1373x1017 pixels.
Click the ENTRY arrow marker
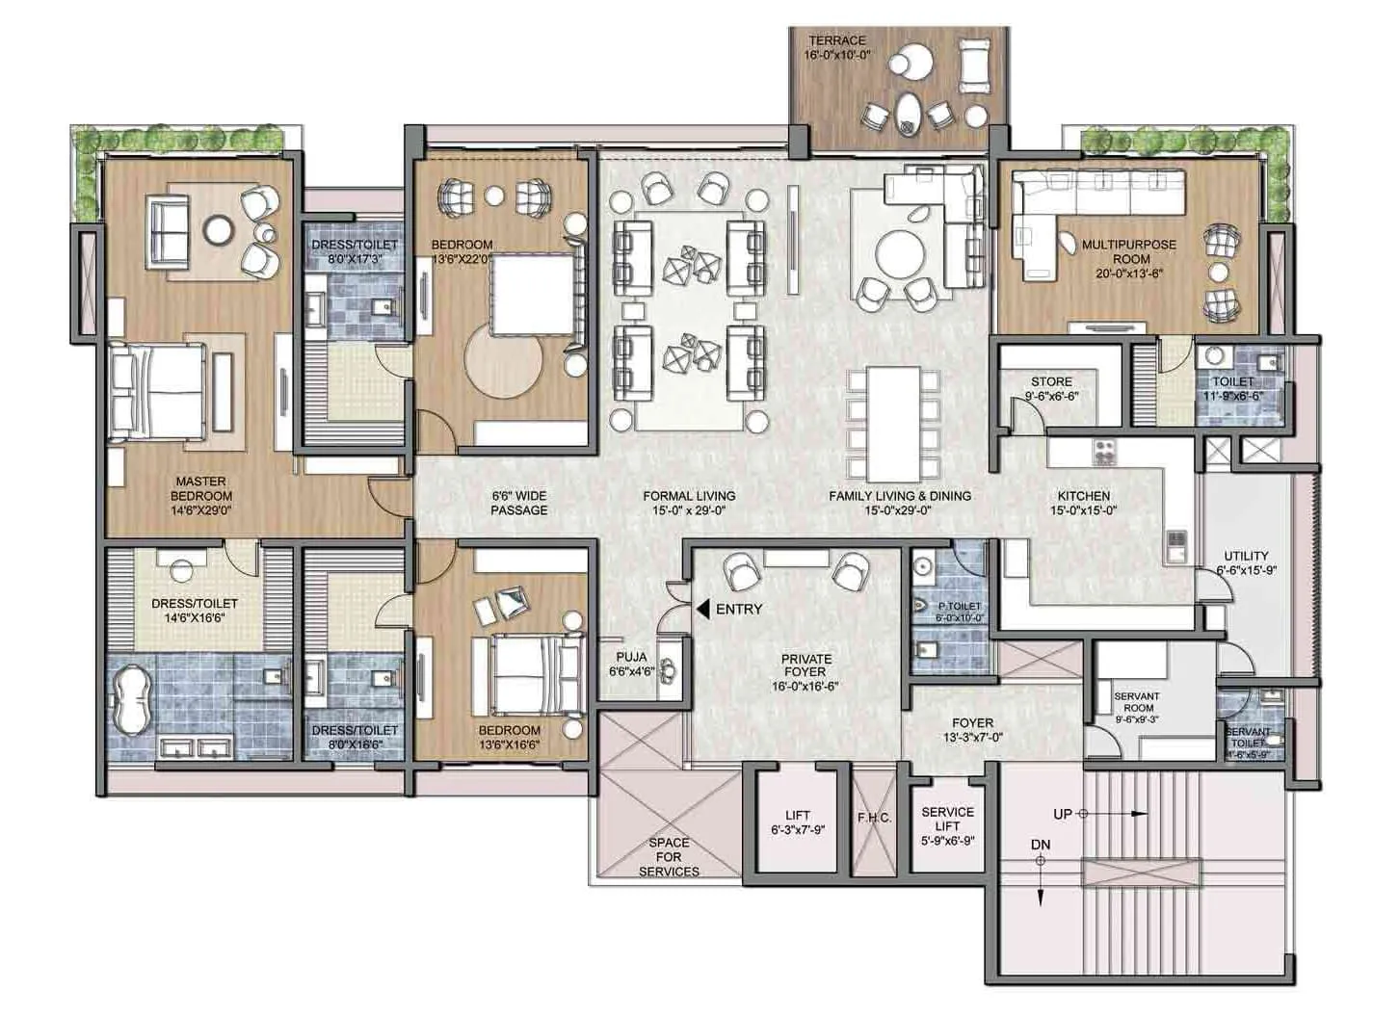[702, 609]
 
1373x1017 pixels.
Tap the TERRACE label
[836, 40]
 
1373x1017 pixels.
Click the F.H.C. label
[874, 818]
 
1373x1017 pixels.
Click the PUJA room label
[631, 657]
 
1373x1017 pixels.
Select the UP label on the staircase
[1062, 814]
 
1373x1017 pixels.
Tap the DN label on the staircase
[1040, 845]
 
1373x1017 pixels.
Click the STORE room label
[1051, 381]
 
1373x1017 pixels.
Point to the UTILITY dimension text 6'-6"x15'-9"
[1246, 570]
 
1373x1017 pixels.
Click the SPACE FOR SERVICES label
[669, 856]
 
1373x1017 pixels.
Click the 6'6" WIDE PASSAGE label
[518, 503]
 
